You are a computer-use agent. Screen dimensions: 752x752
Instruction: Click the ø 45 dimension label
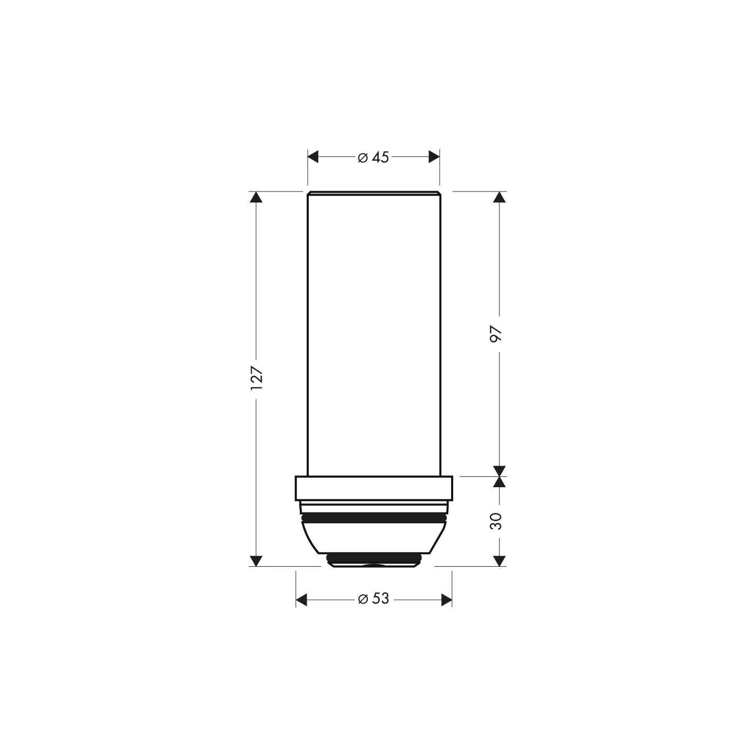[x=374, y=157]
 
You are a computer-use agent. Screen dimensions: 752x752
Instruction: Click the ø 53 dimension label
[x=374, y=599]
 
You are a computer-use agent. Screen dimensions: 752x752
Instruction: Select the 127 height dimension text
[x=256, y=377]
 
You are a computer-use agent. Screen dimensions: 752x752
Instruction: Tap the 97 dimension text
[x=496, y=334]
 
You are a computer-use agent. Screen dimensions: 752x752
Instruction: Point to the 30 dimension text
[x=496, y=521]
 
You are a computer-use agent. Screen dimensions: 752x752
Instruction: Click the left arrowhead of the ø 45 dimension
[x=313, y=156]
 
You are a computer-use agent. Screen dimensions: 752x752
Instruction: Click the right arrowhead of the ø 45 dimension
[x=434, y=156]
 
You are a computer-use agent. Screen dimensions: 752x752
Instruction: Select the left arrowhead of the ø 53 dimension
[x=301, y=600]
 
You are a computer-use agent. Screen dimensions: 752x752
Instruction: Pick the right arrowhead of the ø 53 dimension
[x=446, y=600]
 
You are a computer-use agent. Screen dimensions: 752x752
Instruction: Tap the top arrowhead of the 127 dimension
[x=255, y=197]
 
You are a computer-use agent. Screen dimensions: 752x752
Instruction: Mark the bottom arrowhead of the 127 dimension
[x=255, y=560]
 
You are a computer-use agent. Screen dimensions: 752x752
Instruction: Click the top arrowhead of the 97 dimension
[x=500, y=197]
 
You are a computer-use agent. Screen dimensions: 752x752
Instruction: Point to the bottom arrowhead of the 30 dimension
[x=500, y=560]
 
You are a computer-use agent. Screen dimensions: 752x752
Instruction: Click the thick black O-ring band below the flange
[x=374, y=518]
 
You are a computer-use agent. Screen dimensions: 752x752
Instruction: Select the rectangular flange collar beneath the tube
[x=374, y=488]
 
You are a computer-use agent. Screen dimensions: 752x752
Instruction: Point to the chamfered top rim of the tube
[x=374, y=193]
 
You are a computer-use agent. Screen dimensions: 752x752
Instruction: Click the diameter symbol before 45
[x=363, y=158]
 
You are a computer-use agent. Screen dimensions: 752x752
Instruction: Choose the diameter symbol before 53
[x=363, y=600]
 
